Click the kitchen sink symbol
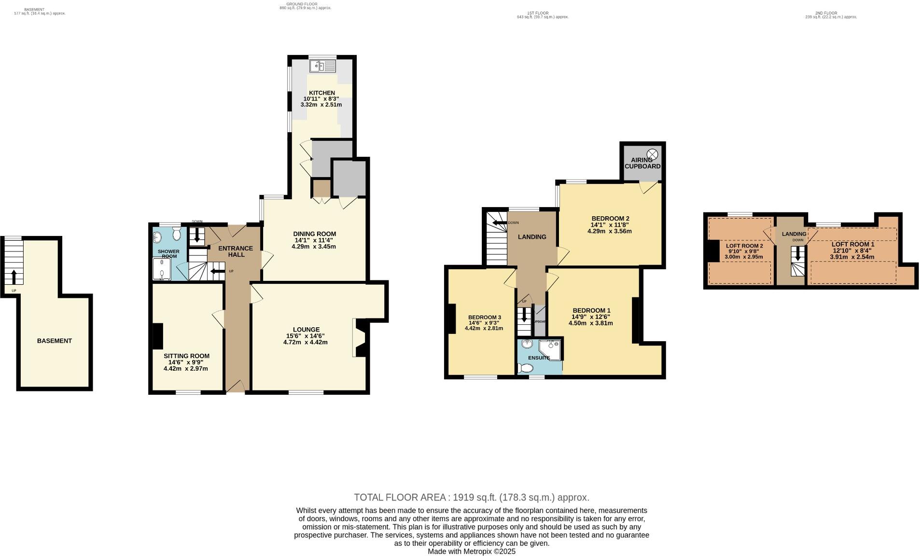(322, 66)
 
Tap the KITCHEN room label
(322, 93)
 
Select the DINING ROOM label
(314, 234)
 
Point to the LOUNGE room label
(306, 330)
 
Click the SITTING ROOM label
(186, 356)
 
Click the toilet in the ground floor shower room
(176, 235)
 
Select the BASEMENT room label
(54, 341)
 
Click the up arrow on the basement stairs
(14, 277)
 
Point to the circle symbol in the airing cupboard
(652, 153)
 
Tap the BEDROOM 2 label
(610, 219)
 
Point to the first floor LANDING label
(532, 237)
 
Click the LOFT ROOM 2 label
(744, 246)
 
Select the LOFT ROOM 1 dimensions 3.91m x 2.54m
(852, 257)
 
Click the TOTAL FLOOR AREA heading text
(471, 497)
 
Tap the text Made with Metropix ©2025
(471, 551)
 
